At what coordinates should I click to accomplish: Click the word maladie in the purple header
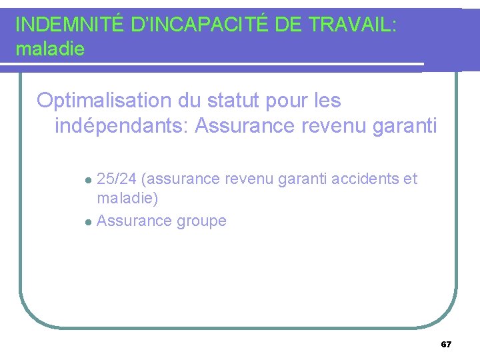pos(49,49)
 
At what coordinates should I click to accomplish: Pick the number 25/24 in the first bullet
pos(117,179)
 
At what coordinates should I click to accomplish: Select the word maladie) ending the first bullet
pos(127,198)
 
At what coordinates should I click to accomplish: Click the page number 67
pos(446,345)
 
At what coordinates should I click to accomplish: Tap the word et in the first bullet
pos(411,179)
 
